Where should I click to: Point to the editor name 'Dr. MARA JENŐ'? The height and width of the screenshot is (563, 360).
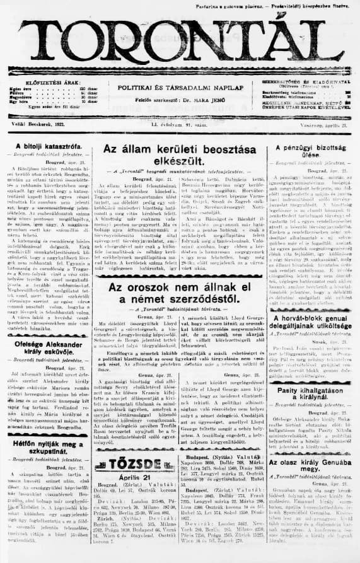(x=200, y=100)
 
